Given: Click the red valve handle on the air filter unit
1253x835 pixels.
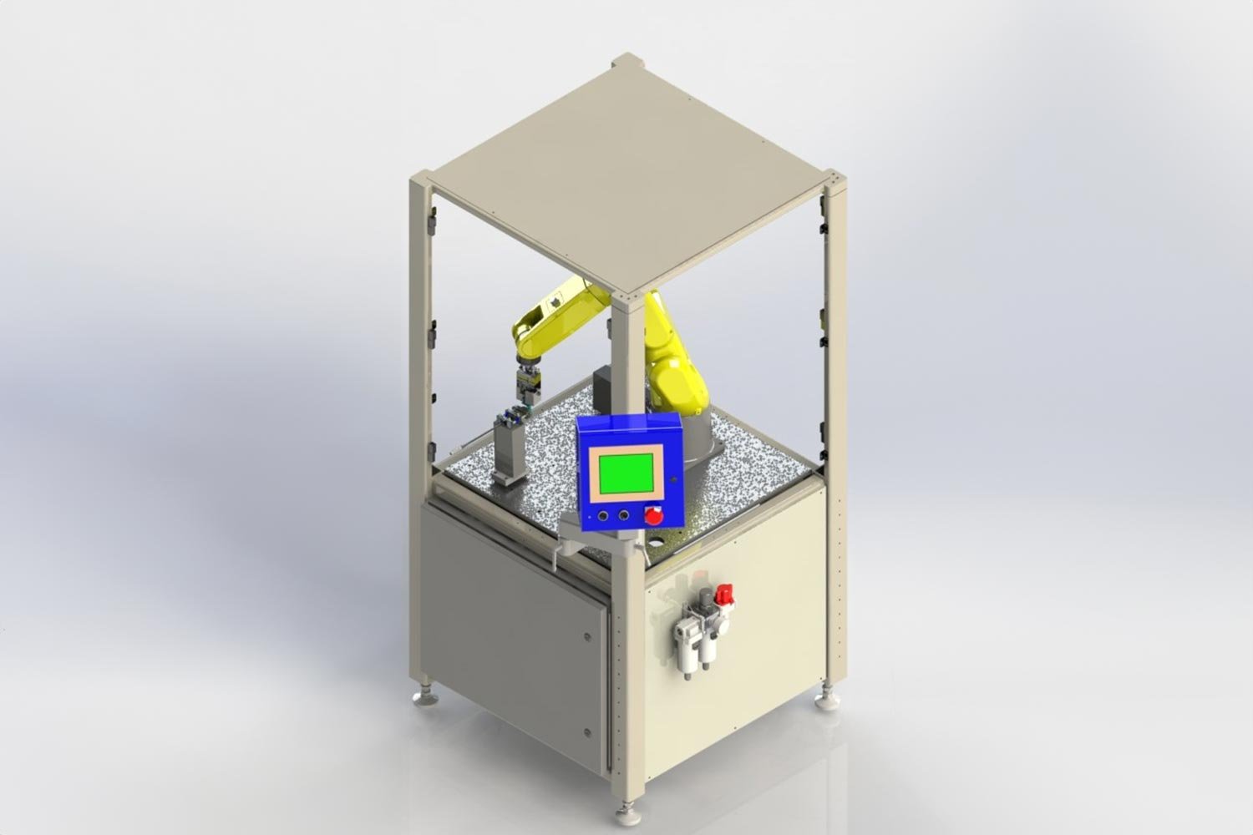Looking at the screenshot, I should [x=724, y=595].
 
